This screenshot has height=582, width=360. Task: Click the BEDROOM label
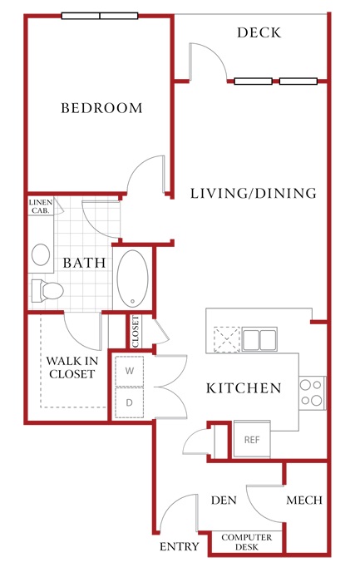tap(101, 108)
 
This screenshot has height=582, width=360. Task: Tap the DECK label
tap(259, 32)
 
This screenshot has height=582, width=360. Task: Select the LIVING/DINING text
tap(254, 194)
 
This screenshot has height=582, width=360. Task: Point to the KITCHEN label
tap(244, 388)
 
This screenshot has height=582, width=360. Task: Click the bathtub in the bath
tap(132, 279)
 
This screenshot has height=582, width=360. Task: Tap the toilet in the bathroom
tap(47, 291)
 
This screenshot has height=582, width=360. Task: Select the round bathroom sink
tap(41, 254)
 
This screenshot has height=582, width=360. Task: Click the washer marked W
tap(129, 371)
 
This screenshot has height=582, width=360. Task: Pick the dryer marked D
tap(129, 402)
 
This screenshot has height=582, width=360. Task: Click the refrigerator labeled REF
tap(252, 440)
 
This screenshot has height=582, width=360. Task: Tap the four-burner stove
tap(312, 392)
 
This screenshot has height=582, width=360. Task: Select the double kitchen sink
tap(259, 339)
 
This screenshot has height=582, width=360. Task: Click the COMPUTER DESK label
tap(247, 542)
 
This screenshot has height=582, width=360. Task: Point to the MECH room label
tap(304, 501)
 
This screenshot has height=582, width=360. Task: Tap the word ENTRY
tap(180, 547)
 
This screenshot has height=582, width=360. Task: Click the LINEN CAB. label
tap(41, 206)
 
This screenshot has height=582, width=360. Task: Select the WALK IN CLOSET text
tap(72, 367)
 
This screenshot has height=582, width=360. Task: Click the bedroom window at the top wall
tap(100, 16)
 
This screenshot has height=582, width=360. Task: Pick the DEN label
tap(224, 501)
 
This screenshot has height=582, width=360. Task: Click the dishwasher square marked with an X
tap(227, 339)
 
